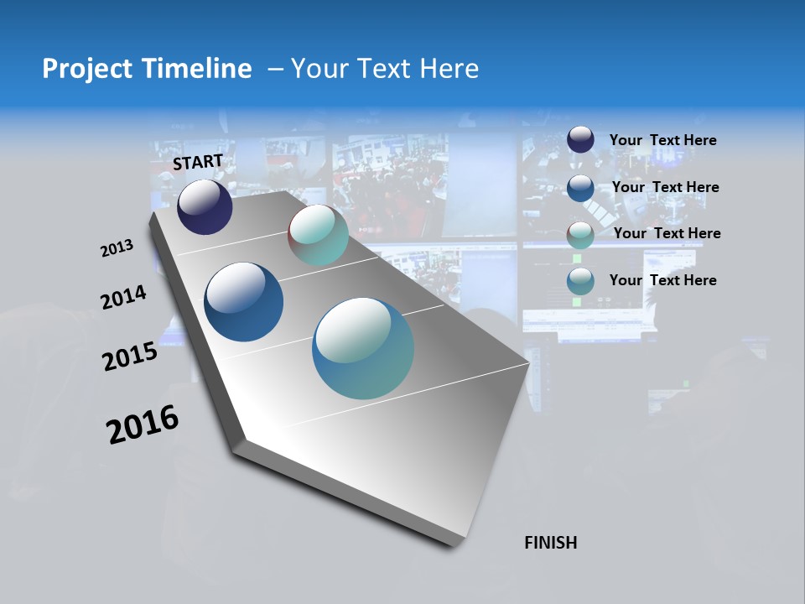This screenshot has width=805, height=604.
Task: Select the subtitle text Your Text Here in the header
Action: click(385, 69)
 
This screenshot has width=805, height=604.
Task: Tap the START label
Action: click(198, 162)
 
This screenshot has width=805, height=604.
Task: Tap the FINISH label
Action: click(550, 543)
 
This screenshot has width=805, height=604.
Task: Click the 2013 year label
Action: click(117, 248)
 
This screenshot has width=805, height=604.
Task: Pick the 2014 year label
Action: click(124, 297)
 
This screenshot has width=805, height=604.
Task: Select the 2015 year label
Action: click(130, 357)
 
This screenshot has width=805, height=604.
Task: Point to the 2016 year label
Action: click(143, 424)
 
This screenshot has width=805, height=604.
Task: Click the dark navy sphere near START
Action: click(205, 207)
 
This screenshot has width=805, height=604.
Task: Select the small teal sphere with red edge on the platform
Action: click(318, 235)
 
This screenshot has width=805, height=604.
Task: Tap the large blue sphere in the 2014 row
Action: click(243, 302)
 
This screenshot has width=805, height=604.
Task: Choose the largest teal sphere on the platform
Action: click(362, 348)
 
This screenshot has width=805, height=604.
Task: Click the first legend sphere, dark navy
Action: click(580, 140)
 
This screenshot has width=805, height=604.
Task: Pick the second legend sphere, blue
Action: click(580, 187)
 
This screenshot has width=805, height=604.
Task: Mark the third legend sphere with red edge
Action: click(580, 234)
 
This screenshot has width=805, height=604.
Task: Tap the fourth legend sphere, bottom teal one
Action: click(580, 281)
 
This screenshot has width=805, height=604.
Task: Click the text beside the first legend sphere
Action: click(662, 140)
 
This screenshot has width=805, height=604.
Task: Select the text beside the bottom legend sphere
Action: click(662, 280)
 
